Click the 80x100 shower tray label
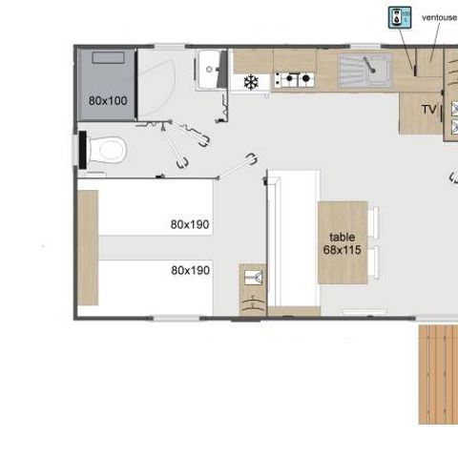108,100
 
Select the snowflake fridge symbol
252,82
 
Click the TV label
428,110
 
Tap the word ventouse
439,16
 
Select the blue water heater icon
399,16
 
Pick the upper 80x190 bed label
190,224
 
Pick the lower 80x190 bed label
190,270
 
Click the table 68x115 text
342,242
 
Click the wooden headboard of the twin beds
88,247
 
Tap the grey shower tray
107,84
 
